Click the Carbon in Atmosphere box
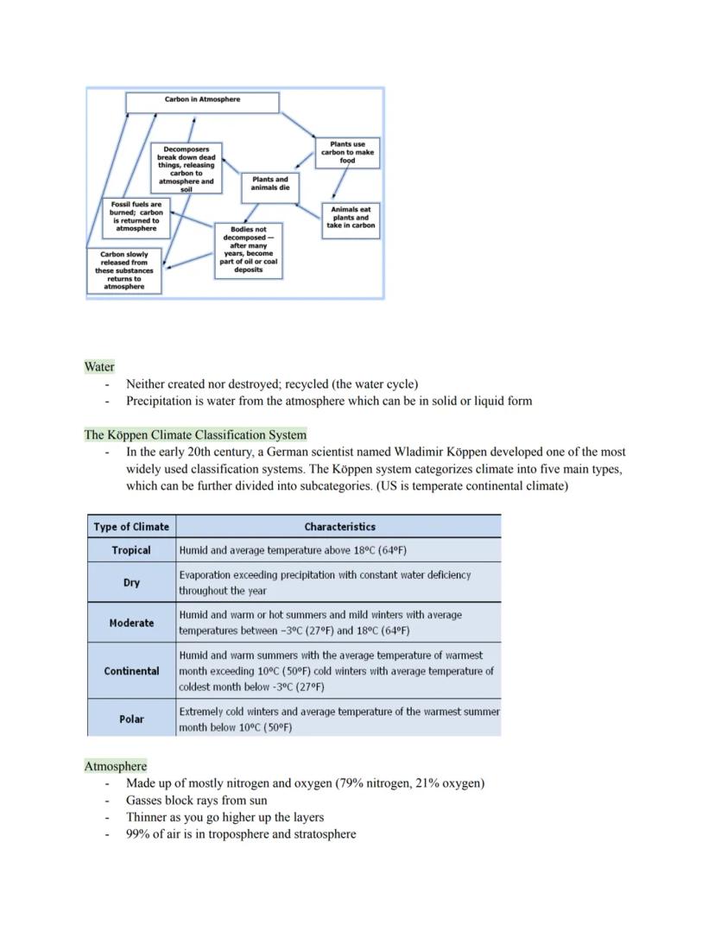point(202,102)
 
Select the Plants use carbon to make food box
point(347,152)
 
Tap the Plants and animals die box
point(269,183)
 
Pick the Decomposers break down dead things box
point(186,167)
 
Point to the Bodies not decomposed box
point(248,250)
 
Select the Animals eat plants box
point(350,218)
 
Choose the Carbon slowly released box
point(124,270)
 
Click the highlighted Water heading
point(99,366)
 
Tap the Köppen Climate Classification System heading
point(195,434)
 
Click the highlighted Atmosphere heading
point(116,766)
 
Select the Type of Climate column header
point(131,526)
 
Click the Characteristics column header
point(339,526)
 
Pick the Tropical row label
point(131,550)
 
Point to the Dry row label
point(131,582)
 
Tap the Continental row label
point(131,670)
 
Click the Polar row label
point(131,719)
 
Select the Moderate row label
point(131,623)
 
